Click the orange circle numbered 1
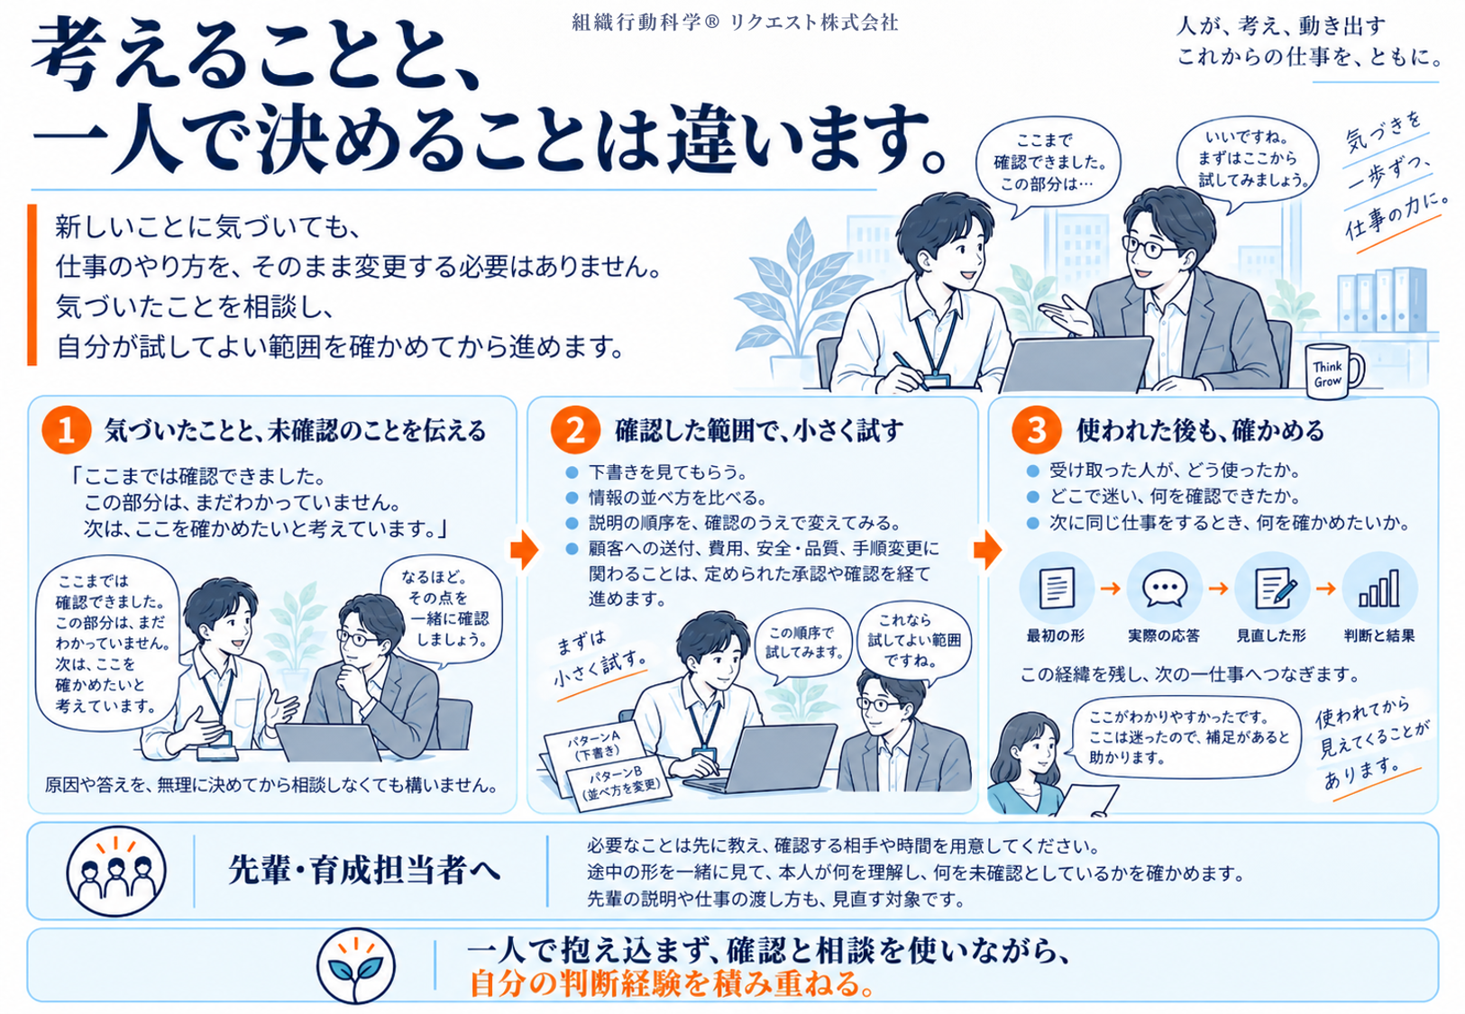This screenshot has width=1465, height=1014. tap(66, 430)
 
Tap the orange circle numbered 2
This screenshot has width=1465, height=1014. tap(575, 430)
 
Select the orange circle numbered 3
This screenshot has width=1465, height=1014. tap(1037, 430)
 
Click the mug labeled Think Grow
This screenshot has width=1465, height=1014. tap(1333, 370)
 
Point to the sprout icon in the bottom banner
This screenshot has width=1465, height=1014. tap(356, 965)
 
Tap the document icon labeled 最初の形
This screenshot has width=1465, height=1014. tap(1056, 588)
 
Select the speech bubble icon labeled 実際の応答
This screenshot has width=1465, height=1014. tap(1164, 588)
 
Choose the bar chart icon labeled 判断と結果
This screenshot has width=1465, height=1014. tap(1379, 588)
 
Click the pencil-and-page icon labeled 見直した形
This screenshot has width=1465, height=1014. tap(1272, 588)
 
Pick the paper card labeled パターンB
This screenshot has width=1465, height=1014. tap(618, 784)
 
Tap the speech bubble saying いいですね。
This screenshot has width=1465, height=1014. tap(1246, 160)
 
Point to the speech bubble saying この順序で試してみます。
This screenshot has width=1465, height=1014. tap(803, 644)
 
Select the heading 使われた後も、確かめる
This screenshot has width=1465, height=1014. tap(1201, 430)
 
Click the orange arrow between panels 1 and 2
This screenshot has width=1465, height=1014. tap(525, 549)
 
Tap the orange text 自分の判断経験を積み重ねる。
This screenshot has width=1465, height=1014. tap(672, 983)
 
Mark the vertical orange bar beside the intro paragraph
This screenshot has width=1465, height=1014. tap(32, 285)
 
